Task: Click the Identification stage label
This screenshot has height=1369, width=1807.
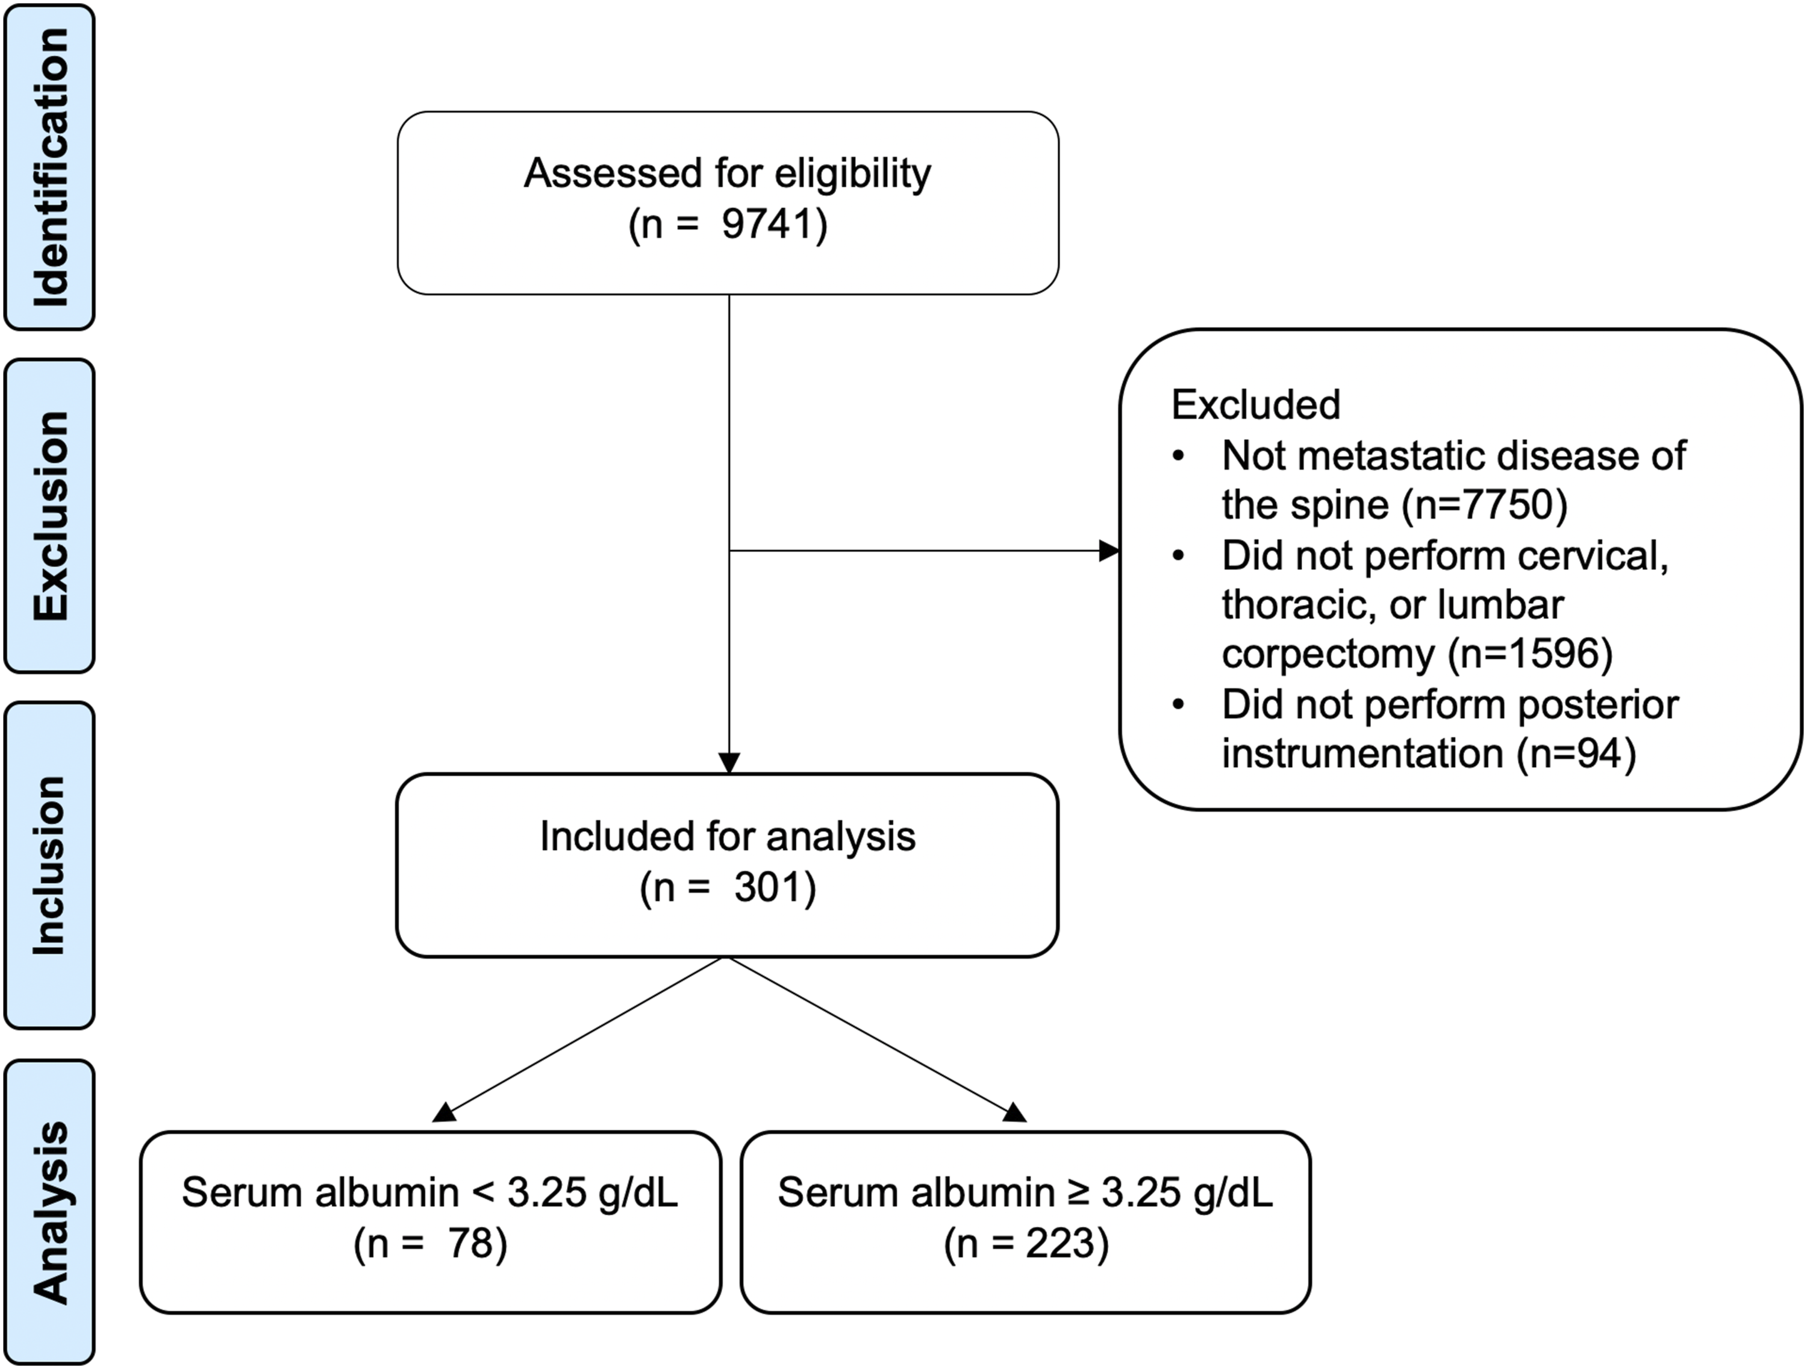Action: tap(50, 168)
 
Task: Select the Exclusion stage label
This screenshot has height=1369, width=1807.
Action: tap(50, 516)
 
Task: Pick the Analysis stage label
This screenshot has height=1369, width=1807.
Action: tap(50, 1212)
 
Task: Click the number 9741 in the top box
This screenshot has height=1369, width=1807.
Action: tap(767, 224)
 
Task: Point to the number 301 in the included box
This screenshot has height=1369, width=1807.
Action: tap(768, 888)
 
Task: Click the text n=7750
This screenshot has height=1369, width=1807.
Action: tap(1484, 505)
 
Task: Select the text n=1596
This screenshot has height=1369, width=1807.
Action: tap(1530, 653)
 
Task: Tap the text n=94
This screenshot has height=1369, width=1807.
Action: tap(1577, 753)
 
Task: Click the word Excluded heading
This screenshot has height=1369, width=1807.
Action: tap(1256, 404)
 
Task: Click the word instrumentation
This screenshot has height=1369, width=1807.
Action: tap(1362, 753)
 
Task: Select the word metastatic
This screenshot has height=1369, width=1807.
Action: tap(1387, 456)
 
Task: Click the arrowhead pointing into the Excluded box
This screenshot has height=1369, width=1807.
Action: tap(1109, 551)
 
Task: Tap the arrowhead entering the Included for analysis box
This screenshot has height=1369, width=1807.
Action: tap(729, 763)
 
